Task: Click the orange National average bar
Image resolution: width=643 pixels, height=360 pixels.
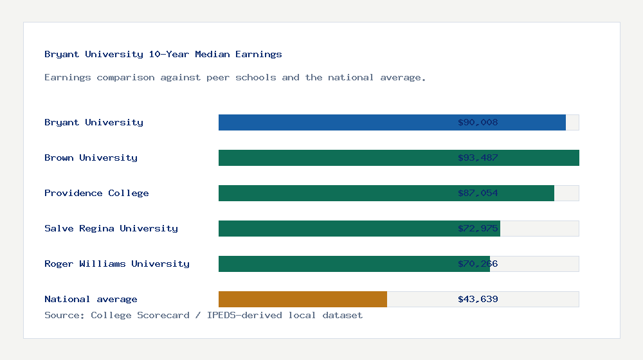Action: (303, 299)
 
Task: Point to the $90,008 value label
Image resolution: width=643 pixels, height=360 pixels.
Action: (478, 122)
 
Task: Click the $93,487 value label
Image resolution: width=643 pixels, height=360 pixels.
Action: (478, 157)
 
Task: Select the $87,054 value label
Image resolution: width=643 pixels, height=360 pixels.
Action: (478, 193)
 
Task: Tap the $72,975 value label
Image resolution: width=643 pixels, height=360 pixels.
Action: (478, 228)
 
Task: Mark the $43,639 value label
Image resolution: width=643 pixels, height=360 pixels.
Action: (478, 299)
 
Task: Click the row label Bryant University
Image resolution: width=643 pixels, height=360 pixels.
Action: (94, 122)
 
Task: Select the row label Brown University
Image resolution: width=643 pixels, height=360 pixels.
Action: (91, 157)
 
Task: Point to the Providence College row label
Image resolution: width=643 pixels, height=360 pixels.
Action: (96, 193)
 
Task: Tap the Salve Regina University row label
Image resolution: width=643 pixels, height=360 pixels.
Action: (111, 228)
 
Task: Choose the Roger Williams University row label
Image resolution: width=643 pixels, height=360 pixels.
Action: (117, 264)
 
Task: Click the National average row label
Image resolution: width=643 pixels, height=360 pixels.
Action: (91, 299)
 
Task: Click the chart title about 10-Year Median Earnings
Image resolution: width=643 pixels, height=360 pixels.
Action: (163, 54)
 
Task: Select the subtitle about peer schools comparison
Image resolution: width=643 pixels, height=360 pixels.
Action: (235, 77)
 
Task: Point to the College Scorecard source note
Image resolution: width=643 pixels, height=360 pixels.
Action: (203, 315)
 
